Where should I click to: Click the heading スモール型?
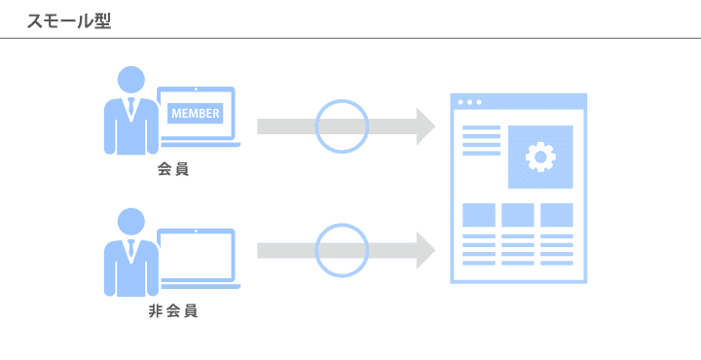[69, 21]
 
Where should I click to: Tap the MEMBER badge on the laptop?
[196, 114]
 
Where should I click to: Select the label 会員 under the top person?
[173, 169]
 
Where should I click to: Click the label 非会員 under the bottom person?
[173, 311]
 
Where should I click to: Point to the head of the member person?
[131, 80]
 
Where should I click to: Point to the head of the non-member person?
[131, 222]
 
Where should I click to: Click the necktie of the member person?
[131, 106]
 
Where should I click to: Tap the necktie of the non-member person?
[131, 248]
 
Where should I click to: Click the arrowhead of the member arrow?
[425, 126]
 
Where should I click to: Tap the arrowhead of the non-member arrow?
[425, 251]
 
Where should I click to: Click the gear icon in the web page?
[540, 157]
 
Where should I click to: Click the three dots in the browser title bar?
[469, 102]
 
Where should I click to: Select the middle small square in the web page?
[518, 215]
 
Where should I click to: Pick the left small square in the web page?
[479, 215]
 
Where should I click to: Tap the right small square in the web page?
[557, 215]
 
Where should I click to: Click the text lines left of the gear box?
[481, 141]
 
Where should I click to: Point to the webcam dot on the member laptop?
[197, 90]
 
